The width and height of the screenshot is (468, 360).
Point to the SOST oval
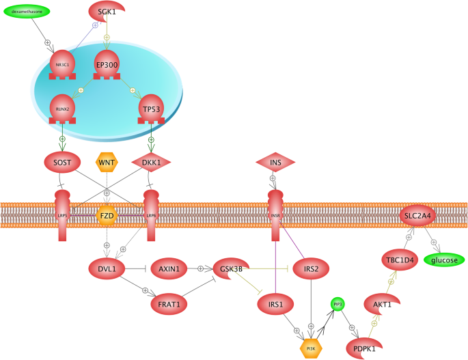63,163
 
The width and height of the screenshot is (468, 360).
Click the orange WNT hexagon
107,163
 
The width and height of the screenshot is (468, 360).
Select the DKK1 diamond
151,163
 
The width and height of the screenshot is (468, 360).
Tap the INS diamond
275,163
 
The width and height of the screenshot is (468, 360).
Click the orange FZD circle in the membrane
107,215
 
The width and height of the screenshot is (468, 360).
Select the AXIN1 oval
169,268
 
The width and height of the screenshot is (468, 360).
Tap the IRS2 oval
311,268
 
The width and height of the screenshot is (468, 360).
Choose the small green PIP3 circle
338,303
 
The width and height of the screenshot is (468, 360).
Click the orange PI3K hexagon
311,348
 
